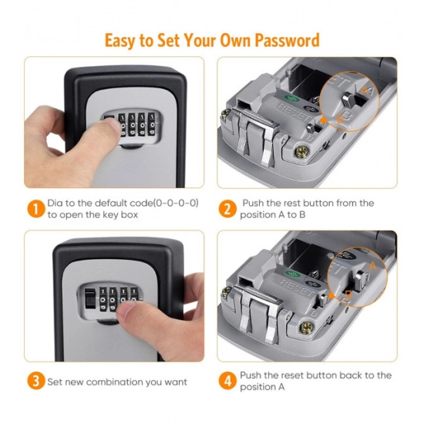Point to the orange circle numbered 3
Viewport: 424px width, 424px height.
pyautogui.click(x=35, y=381)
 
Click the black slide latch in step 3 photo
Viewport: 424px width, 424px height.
pyautogui.click(x=89, y=298)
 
